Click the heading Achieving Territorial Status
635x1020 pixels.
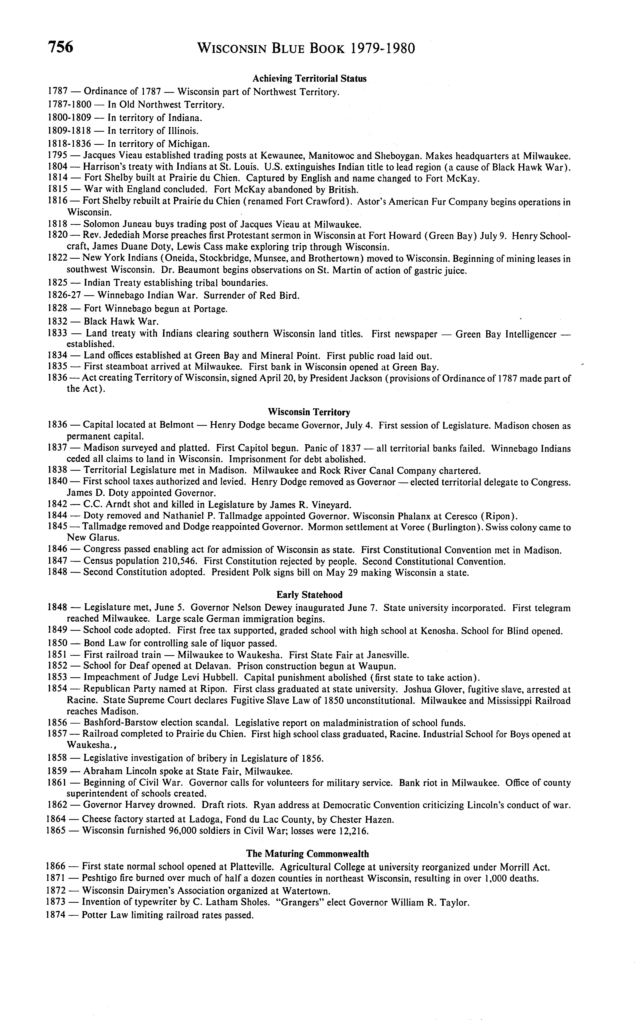309,79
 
